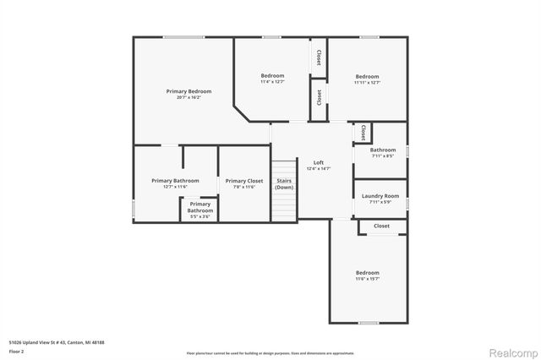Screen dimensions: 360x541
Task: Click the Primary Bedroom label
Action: (189, 91)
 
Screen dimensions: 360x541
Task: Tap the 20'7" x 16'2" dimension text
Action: (189, 98)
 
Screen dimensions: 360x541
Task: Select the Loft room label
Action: (319, 162)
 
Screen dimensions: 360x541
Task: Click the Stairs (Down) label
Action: (284, 183)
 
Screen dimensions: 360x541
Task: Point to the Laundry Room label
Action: (380, 196)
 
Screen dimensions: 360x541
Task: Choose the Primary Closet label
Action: (243, 181)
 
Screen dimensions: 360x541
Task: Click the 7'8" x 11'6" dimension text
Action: (243, 187)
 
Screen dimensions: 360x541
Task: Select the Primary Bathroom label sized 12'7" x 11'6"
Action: (175, 181)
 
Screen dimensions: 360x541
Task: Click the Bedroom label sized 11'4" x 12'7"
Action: (272, 76)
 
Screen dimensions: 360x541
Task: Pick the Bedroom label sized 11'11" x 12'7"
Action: (367, 76)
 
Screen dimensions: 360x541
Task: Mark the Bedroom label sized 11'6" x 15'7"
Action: (367, 273)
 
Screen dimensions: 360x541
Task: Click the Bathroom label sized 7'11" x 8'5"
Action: (383, 150)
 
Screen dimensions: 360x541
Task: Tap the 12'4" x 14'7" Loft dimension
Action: (319, 169)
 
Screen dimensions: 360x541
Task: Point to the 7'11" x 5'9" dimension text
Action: (380, 202)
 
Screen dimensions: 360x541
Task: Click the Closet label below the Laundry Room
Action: (382, 226)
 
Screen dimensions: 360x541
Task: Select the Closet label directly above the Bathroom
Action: (362, 133)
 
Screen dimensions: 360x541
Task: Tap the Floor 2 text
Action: (17, 351)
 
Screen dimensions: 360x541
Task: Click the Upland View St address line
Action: (57, 342)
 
